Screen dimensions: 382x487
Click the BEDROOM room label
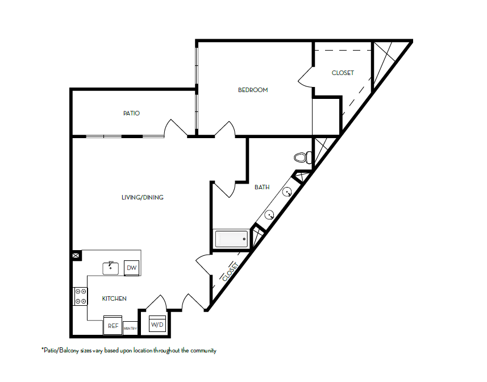click(253, 90)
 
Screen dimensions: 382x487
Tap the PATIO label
click(131, 114)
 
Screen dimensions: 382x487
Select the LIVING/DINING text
click(143, 198)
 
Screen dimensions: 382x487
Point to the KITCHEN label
click(114, 298)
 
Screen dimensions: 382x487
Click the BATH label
click(262, 187)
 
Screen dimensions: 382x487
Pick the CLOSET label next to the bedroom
click(343, 73)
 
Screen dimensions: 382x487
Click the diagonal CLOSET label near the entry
click(230, 272)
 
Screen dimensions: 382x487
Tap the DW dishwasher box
click(131, 268)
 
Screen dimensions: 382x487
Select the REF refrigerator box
click(113, 326)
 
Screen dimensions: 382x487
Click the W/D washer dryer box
click(156, 325)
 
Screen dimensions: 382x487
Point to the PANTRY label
click(130, 328)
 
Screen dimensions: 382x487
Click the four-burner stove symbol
click(80, 296)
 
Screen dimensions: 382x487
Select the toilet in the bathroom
click(302, 157)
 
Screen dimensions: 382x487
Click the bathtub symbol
click(231, 239)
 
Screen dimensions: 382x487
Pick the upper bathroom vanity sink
click(289, 192)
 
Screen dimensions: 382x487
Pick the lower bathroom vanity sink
click(270, 215)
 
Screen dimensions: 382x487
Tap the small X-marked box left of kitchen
click(76, 256)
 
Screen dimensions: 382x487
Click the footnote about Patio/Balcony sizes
click(128, 351)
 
